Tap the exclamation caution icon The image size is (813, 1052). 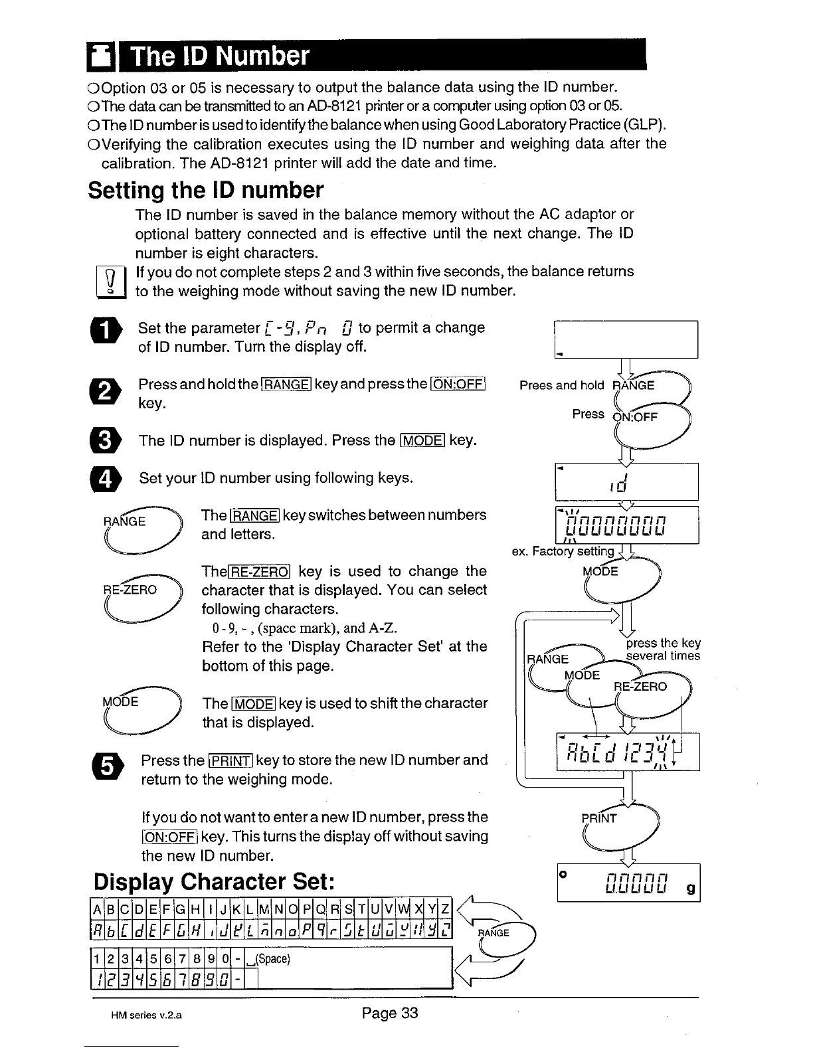[106, 282]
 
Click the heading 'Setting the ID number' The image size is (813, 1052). [206, 191]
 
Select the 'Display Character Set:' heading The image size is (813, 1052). [213, 882]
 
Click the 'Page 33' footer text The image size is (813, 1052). [390, 1013]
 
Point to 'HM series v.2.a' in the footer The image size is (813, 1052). [146, 1015]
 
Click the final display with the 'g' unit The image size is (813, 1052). [628, 883]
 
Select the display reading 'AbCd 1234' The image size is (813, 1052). [628, 752]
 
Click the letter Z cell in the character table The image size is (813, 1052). [444, 908]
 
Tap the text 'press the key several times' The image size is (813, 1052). [663, 650]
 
